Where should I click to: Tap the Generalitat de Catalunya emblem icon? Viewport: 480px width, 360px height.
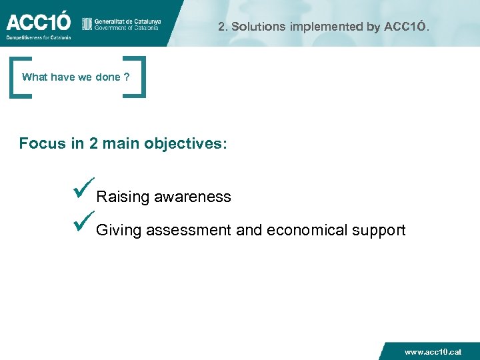coord(87,24)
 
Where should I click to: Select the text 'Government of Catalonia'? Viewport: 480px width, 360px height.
coord(127,28)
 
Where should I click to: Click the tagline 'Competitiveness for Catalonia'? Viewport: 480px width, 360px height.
coord(38,37)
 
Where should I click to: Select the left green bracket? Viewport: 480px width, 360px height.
coord(17,77)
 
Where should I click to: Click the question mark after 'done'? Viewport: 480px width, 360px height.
coord(127,77)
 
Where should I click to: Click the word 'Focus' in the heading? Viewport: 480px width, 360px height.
coord(43,143)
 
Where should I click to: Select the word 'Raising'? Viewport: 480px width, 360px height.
coord(123,197)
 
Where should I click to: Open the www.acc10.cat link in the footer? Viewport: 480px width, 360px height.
coord(433,351)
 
